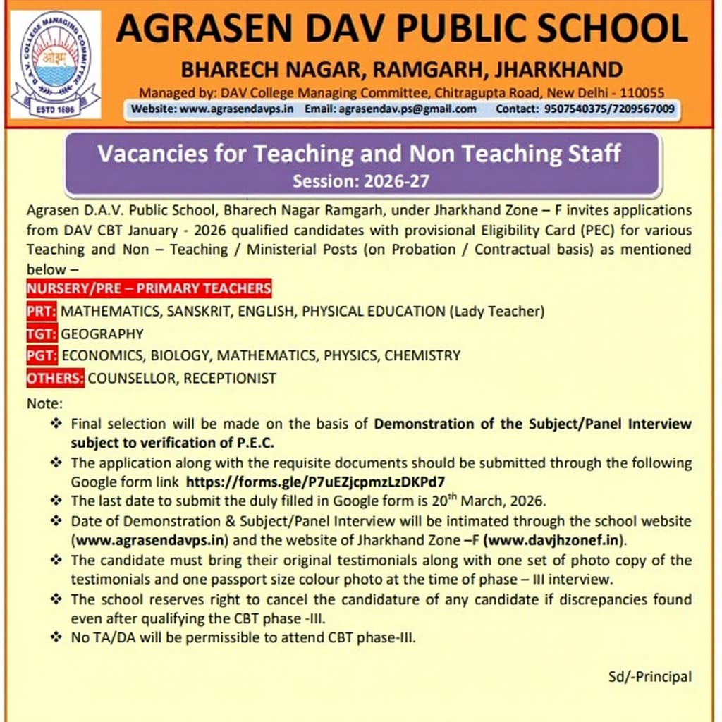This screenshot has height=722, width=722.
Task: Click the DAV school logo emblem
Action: click(55, 64)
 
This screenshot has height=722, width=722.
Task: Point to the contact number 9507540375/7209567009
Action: click(609, 109)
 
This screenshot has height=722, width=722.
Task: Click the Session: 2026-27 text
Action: click(361, 181)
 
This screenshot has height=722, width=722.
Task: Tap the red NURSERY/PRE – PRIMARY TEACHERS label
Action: click(149, 288)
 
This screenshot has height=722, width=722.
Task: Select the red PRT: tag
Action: click(42, 311)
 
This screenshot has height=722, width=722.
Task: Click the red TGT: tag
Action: click(42, 334)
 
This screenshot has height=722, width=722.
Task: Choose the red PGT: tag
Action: click(42, 355)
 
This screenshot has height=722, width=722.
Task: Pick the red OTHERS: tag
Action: click(55, 378)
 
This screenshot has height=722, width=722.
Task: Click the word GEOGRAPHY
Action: click(102, 334)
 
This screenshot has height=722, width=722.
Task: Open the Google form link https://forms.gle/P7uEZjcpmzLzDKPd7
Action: click(314, 482)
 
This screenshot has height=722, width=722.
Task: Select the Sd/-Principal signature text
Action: click(650, 676)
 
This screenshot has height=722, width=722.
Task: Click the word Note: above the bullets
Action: click(45, 404)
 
